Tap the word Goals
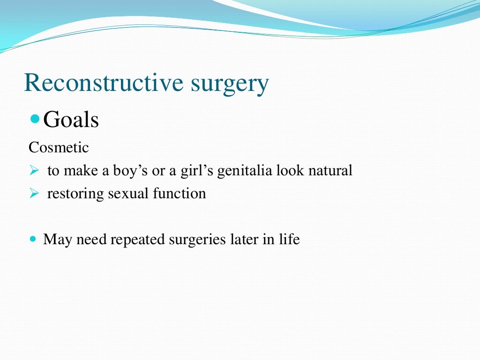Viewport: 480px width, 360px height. tap(71, 120)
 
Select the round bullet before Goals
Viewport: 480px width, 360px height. tap(35, 120)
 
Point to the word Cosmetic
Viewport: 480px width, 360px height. tap(59, 148)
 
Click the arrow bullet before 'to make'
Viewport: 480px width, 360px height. tap(33, 171)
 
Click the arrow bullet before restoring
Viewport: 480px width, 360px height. tap(33, 194)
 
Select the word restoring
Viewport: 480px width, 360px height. tap(75, 194)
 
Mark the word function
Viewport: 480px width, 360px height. tap(179, 194)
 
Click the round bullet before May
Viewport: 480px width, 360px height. tap(33, 239)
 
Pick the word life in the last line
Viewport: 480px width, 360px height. tap(289, 240)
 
